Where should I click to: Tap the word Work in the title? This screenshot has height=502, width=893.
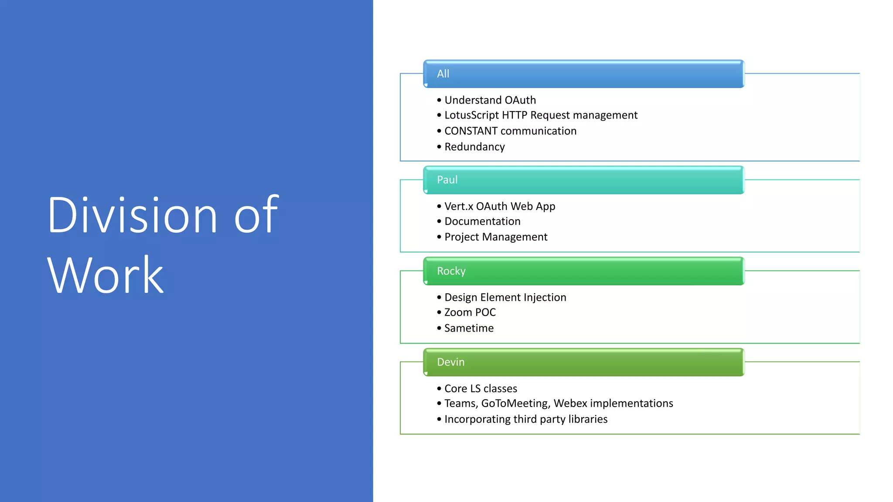[105, 275]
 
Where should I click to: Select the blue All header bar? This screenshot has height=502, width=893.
[583, 74]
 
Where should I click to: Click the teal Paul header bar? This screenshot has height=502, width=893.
[583, 180]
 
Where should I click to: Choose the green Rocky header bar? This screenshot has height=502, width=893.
[583, 271]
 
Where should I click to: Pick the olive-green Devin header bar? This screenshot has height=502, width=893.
[583, 362]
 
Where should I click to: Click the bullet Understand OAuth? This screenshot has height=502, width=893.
[490, 100]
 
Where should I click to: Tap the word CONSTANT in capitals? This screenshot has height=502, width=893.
[470, 131]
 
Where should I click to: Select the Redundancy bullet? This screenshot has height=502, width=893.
[474, 147]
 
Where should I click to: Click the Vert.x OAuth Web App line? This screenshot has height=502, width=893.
[499, 207]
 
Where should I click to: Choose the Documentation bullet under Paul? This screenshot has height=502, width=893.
[482, 221]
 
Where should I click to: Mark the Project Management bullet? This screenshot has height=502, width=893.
[496, 237]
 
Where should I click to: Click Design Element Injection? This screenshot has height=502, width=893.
[505, 298]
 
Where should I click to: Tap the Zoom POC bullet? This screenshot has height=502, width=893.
[470, 312]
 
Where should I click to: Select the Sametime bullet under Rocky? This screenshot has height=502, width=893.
[469, 328]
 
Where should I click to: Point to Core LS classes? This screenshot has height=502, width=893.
[481, 389]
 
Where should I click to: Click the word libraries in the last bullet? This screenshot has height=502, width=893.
[586, 419]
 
